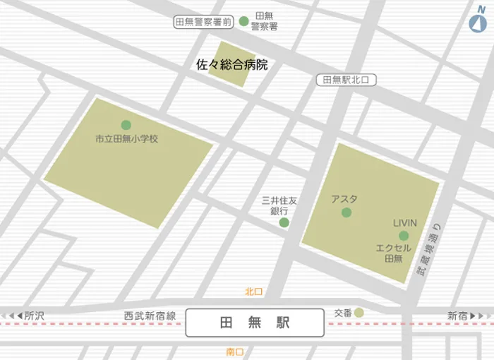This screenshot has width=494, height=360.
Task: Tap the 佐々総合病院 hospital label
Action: [232, 65]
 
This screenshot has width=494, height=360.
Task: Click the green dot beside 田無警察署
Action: [244, 21]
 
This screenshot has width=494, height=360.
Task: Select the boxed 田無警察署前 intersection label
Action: [203, 22]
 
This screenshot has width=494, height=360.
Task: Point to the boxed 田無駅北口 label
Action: [346, 80]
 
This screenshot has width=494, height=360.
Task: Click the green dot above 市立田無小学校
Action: [126, 125]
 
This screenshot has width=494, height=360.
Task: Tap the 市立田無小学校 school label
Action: [127, 139]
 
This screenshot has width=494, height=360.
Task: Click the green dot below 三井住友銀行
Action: [284, 223]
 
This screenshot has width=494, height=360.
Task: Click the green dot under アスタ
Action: [347, 212]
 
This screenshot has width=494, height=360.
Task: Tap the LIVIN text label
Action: [405, 223]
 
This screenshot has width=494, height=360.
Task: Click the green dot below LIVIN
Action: [404, 236]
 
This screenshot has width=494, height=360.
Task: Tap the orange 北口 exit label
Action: [254, 292]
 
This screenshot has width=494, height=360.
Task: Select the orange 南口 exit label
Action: [235, 352]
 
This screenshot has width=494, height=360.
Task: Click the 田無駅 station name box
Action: [255, 323]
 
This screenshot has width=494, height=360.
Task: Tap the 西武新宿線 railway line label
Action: [150, 316]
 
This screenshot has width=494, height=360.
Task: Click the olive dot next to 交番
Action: [359, 313]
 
